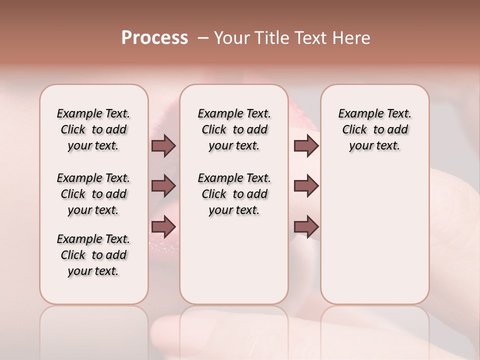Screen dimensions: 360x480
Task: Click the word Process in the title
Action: point(154,38)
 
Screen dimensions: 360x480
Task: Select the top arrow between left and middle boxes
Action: point(163,145)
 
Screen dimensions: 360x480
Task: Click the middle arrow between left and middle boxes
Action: point(163,186)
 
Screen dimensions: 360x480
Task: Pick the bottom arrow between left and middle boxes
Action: point(163,226)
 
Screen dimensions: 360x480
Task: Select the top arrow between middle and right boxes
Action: point(306,145)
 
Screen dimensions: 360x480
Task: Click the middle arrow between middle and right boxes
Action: point(306,186)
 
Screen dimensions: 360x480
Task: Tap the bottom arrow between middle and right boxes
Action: point(306,226)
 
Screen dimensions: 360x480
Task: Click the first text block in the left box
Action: point(93,129)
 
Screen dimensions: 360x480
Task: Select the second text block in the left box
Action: point(93,194)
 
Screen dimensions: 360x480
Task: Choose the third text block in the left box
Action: point(93,255)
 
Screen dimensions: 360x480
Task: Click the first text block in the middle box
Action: point(234,129)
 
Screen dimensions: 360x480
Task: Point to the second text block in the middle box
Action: point(234,194)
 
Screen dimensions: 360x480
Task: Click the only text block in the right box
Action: point(374,129)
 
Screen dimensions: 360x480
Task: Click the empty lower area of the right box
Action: point(374,235)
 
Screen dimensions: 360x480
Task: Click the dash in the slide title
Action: point(202,38)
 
